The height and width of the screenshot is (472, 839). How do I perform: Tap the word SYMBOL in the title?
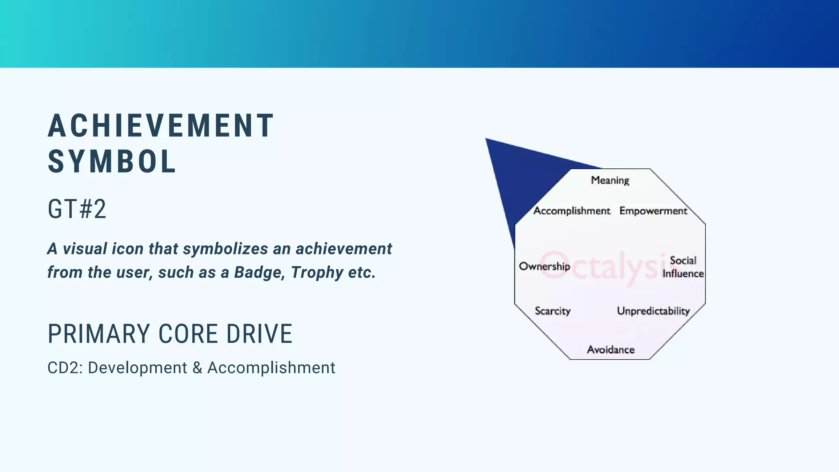pyautogui.click(x=111, y=161)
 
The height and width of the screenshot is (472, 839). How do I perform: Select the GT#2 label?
pyautogui.click(x=77, y=209)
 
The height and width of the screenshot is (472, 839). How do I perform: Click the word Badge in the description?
pyautogui.click(x=259, y=272)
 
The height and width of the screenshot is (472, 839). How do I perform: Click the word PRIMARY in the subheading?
pyautogui.click(x=98, y=334)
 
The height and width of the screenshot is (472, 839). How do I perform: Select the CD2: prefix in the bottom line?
pyautogui.click(x=65, y=368)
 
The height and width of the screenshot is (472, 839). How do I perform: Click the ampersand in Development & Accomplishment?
pyautogui.click(x=197, y=368)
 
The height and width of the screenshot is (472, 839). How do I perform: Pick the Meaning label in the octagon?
pyautogui.click(x=610, y=180)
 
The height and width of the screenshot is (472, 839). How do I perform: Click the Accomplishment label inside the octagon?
pyautogui.click(x=571, y=211)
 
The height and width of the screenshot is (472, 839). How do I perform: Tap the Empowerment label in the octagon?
pyautogui.click(x=653, y=211)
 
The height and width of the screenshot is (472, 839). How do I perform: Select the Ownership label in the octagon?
pyautogui.click(x=544, y=266)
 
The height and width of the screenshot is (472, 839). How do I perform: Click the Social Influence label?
pyautogui.click(x=683, y=267)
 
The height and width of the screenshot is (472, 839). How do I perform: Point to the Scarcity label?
pyautogui.click(x=552, y=311)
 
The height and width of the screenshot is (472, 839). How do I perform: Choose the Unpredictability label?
pyautogui.click(x=653, y=311)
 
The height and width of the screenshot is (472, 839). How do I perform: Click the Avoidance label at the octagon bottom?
pyautogui.click(x=610, y=349)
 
